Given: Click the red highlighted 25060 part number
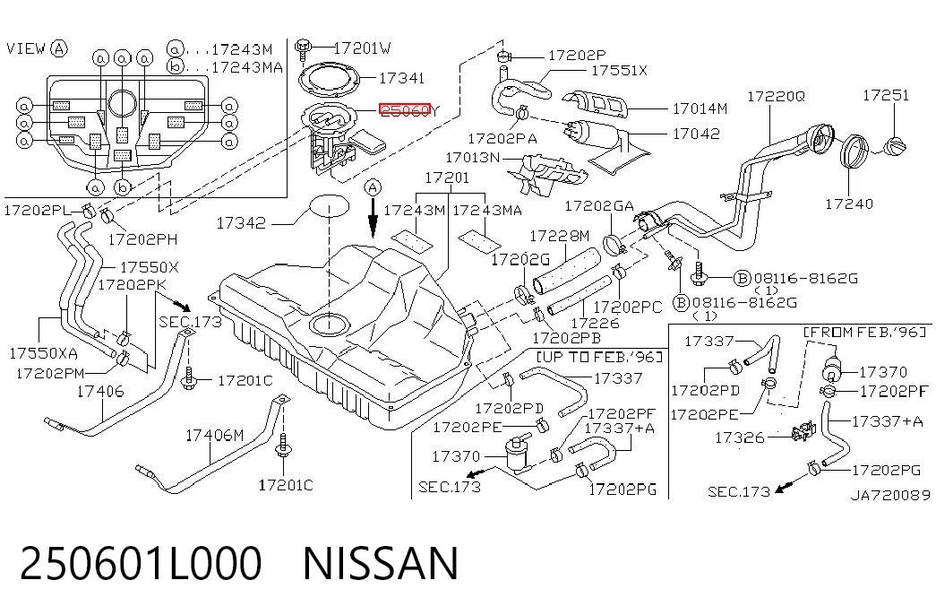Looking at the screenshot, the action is pos(405,109).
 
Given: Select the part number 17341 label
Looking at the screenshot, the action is pos(402,78).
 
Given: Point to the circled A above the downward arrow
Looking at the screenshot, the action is pos(374,187).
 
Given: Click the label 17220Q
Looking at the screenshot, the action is pos(776,96).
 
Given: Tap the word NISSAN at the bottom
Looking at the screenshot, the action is pos(381,563).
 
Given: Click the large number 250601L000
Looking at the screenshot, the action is pos(141,563).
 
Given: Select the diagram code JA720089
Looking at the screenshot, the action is pos(890,495).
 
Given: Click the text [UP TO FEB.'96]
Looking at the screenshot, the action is pos(600,357).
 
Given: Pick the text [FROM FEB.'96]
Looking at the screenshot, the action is pos(865,332).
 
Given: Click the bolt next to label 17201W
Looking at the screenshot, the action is pos(305,47).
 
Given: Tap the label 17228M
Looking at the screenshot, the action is pos(559,236).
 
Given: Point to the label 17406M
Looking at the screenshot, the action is pos(214,435).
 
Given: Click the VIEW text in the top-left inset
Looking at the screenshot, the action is pos(26,48).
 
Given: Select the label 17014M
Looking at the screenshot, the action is pos(700,108).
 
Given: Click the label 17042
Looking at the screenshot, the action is pos(696,134).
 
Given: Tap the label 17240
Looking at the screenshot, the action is pos(849,204).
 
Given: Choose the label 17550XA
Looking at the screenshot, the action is pos(43,353).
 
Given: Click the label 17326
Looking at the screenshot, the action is pos(739,438).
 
